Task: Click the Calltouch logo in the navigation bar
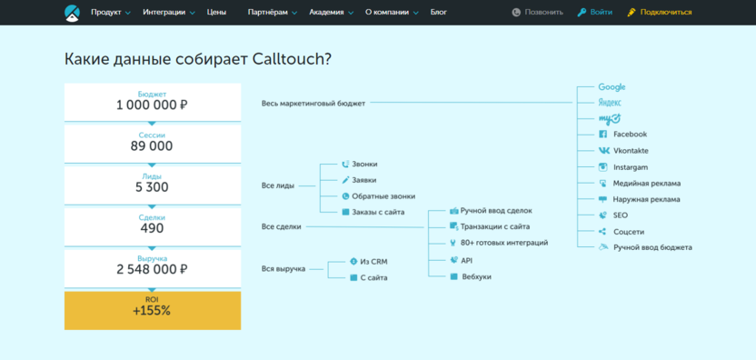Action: [72, 13]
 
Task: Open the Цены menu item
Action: [216, 13]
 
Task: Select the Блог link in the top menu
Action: [438, 13]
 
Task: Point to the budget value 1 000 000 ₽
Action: [152, 105]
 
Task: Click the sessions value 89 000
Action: [152, 146]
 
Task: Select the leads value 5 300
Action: [152, 187]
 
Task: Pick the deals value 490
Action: [152, 229]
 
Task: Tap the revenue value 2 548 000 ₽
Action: [152, 270]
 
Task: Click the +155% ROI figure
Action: [152, 311]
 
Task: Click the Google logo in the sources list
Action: [612, 87]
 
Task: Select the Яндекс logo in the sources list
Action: [610, 103]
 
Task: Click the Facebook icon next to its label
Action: [603, 135]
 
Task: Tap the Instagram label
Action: [631, 167]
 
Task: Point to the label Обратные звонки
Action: [383, 196]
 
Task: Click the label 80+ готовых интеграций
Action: [504, 243]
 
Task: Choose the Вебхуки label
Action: [476, 276]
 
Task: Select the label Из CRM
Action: [373, 262]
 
